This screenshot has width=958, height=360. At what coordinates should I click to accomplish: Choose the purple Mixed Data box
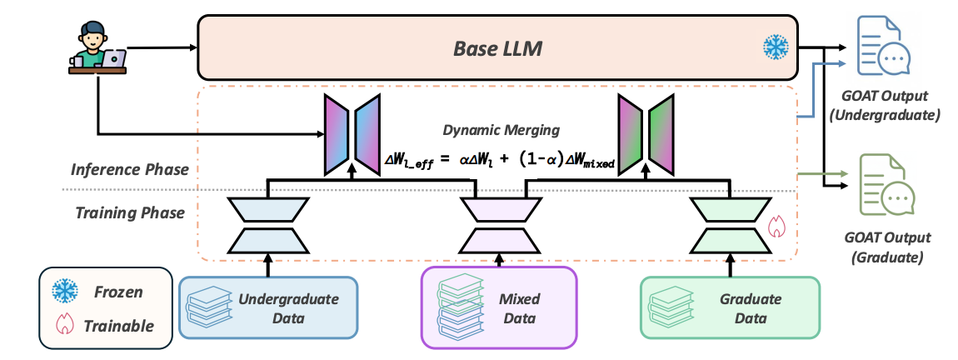[x=498, y=307]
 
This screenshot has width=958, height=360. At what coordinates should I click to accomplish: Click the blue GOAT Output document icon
[x=884, y=49]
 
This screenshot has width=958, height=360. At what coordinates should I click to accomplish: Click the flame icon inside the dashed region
[x=776, y=225]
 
